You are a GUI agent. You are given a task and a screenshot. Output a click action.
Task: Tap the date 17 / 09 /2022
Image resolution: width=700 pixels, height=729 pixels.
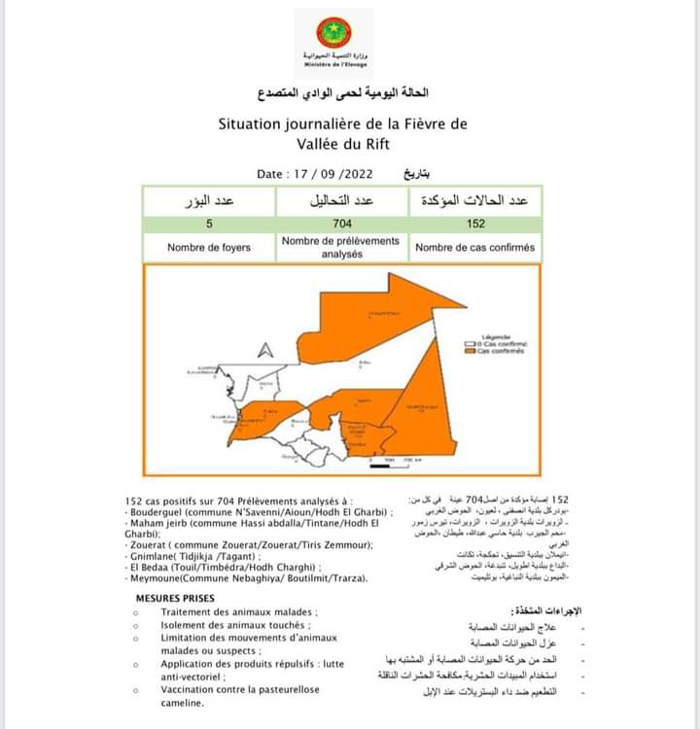coord(318,174)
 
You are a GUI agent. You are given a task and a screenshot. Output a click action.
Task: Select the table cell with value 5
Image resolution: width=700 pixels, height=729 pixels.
coord(208,223)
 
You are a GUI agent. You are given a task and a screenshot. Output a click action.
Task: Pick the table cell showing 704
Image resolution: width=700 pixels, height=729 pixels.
coord(340,223)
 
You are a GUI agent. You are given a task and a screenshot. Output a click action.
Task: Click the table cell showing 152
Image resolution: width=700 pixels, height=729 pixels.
coord(474,223)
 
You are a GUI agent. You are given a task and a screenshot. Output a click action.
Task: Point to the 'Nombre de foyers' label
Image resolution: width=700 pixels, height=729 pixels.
coord(208,248)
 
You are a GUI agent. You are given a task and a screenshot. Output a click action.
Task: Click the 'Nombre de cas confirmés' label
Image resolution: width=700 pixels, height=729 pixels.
coord(474,248)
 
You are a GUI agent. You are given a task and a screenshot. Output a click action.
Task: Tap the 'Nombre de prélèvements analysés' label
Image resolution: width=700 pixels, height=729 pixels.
coord(340,247)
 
